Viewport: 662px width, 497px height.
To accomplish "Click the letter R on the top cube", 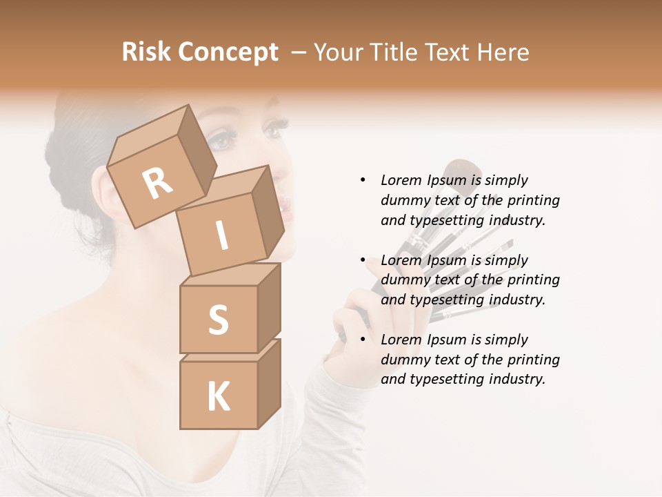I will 157,184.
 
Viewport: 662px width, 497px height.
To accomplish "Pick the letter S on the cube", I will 218,320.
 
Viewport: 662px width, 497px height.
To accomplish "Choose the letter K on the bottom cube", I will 218,397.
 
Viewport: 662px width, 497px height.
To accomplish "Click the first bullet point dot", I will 363,180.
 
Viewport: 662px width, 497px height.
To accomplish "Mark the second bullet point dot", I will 363,260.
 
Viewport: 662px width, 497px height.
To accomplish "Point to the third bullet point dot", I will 363,340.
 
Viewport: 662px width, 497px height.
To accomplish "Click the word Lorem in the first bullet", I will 401,180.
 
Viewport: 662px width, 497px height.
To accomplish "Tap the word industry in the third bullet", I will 516,379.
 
